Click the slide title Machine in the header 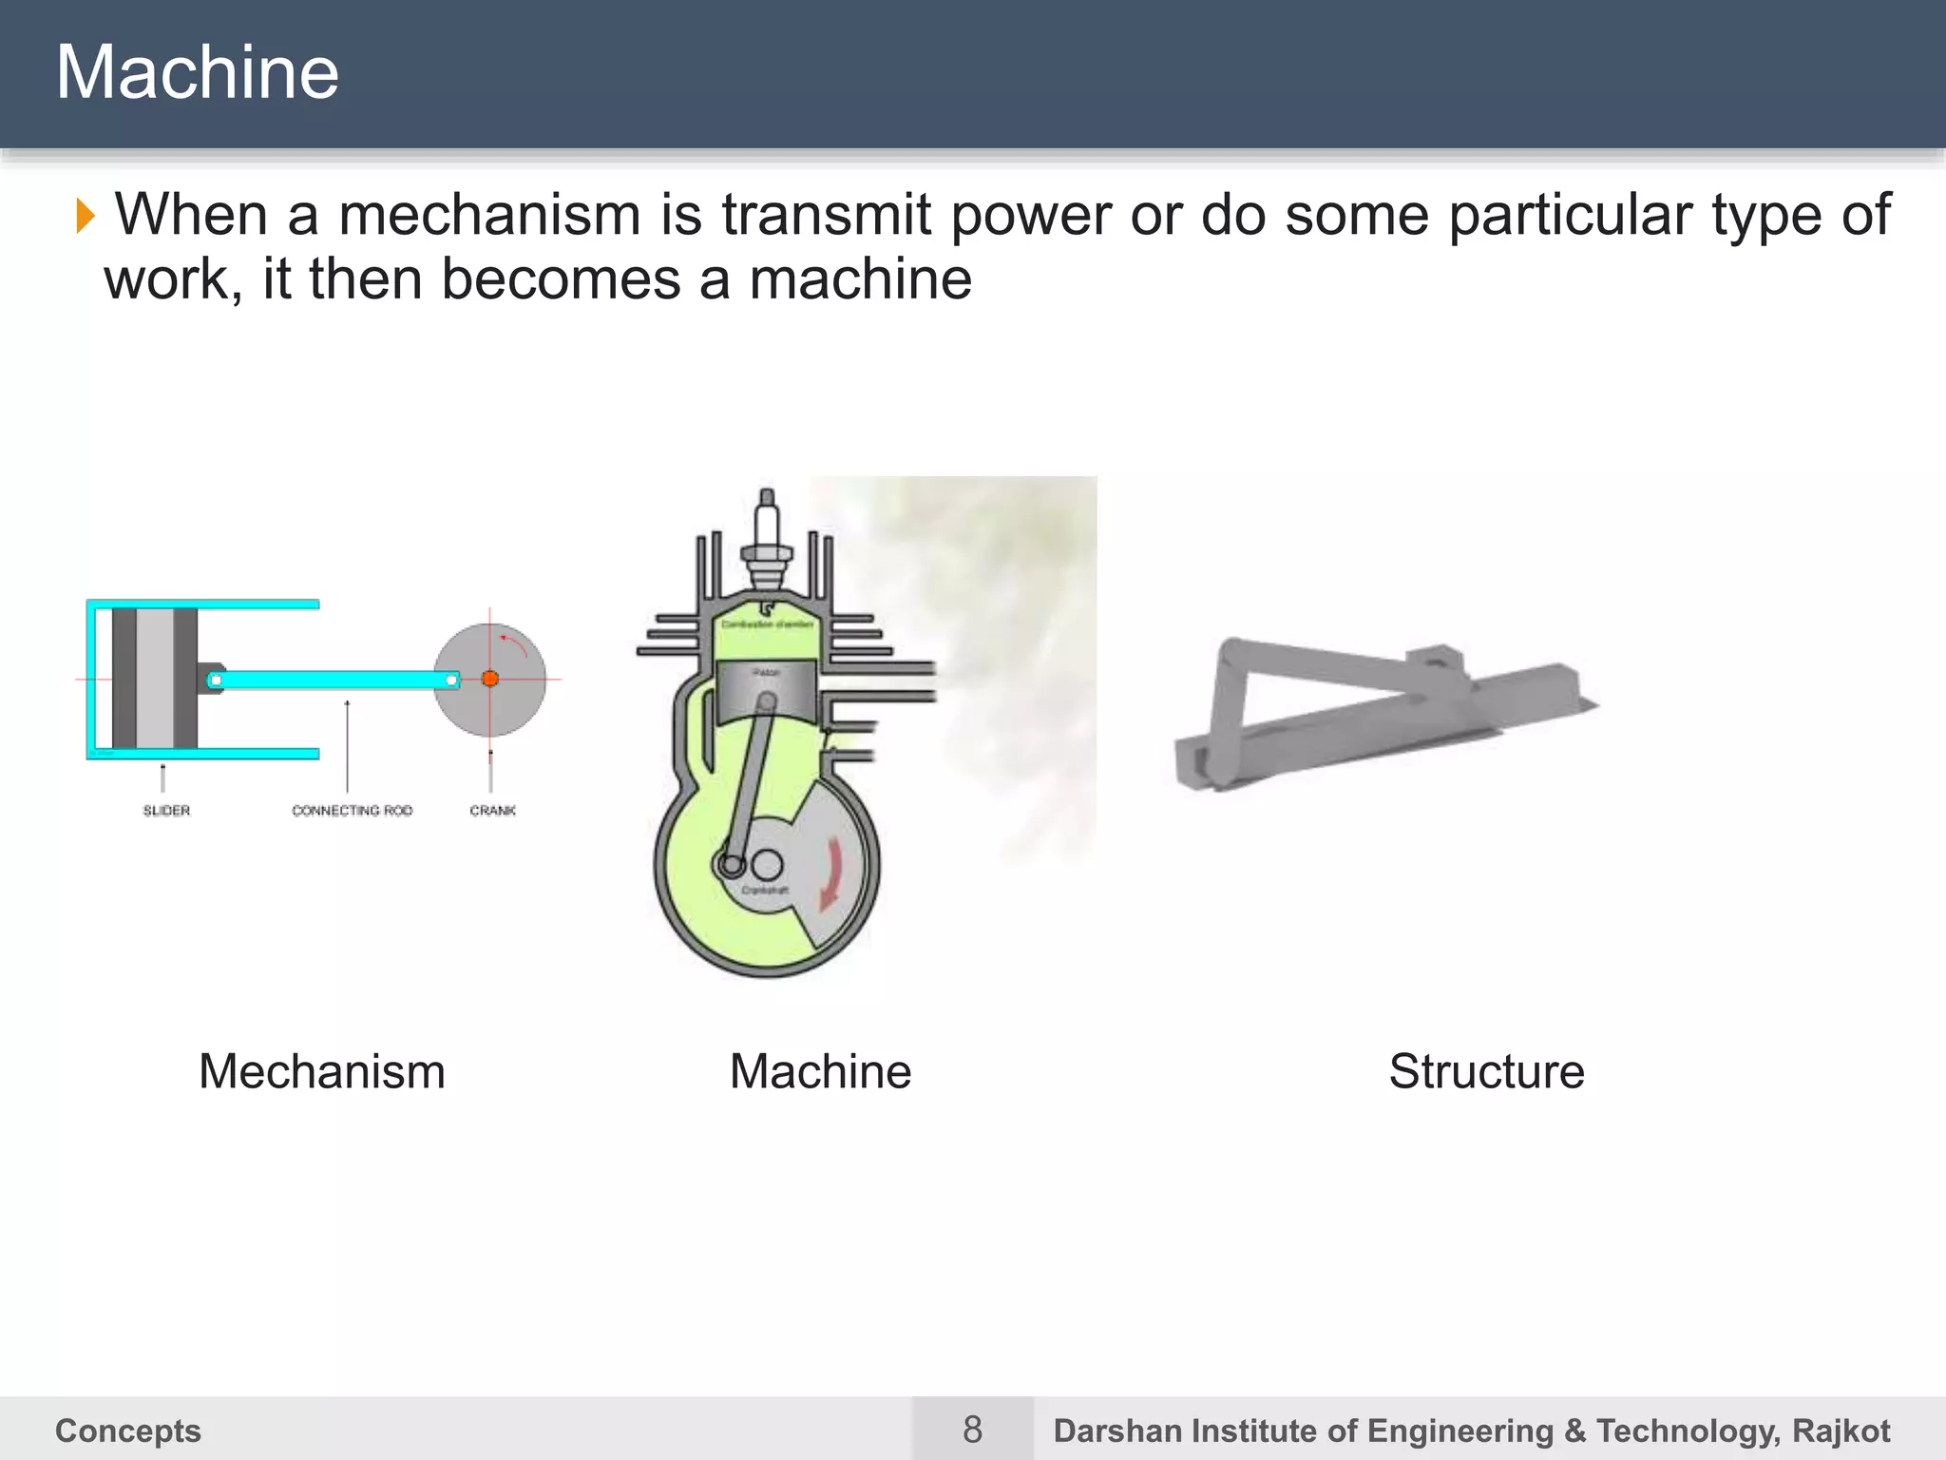tap(197, 72)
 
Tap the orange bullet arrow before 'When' tap(86, 216)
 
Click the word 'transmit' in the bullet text tap(825, 215)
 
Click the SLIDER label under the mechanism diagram tap(166, 811)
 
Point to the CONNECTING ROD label tap(352, 811)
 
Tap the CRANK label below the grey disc tap(492, 811)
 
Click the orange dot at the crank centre tap(490, 679)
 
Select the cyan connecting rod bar tap(333, 680)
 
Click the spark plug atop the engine tap(767, 542)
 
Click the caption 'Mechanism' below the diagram tap(322, 1071)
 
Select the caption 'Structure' tap(1486, 1071)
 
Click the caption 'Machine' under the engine tap(820, 1071)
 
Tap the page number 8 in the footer tap(972, 1429)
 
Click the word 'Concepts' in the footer tap(128, 1431)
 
